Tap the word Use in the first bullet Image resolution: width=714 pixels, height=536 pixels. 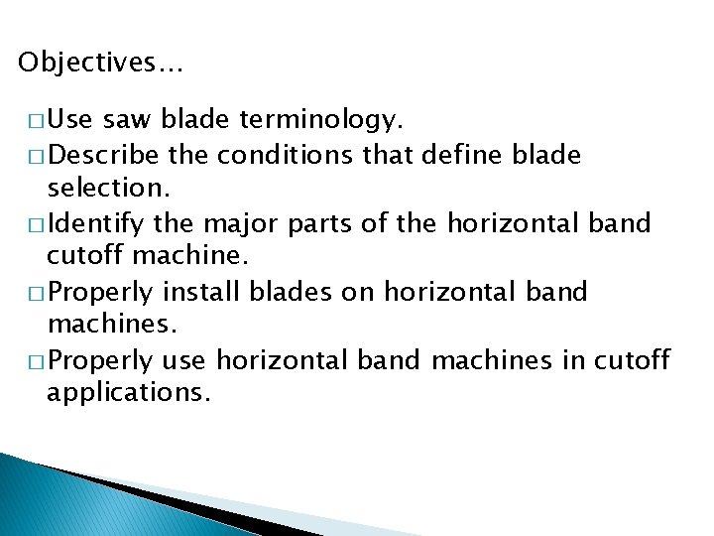(x=69, y=121)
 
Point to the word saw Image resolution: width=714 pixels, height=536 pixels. (x=122, y=121)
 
